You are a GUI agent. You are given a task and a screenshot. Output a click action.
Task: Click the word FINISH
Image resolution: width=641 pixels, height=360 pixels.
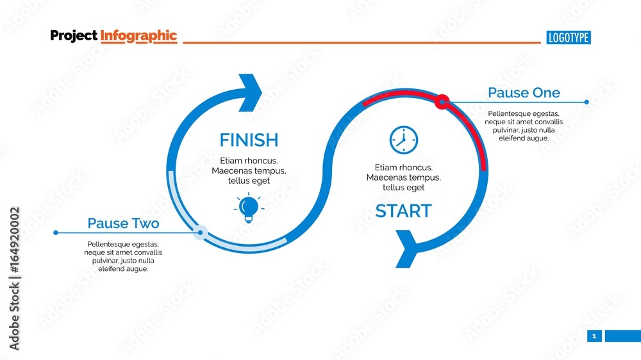[x=249, y=140]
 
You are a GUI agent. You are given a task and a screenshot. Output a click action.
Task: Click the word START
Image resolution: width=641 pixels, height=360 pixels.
[x=403, y=211]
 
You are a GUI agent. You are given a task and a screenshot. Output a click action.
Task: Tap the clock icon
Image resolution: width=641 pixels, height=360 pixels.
[x=404, y=140]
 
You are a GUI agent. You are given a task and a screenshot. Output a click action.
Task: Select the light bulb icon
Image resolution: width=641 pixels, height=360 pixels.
[x=249, y=208]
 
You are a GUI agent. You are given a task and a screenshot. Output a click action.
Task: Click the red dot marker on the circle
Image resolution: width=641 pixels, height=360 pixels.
[x=442, y=101]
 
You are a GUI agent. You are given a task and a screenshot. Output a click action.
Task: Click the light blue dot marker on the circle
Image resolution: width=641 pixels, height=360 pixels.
[x=200, y=233]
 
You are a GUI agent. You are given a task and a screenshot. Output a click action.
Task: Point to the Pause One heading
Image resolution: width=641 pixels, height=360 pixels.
[x=524, y=93]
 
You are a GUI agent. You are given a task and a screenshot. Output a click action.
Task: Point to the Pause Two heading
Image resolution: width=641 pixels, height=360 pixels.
[x=123, y=224]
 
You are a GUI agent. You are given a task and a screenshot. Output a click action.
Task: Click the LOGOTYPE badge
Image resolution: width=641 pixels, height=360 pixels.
[x=569, y=38]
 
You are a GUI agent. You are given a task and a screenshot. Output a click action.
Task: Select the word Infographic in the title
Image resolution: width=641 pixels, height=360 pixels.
[x=138, y=36]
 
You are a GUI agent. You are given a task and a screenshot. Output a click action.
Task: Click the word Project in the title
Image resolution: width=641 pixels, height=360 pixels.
[x=74, y=36]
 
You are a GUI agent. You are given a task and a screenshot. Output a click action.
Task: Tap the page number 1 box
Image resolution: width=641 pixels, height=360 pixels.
[x=594, y=336]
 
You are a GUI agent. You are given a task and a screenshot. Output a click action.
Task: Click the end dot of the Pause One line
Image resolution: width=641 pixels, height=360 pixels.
[x=587, y=102]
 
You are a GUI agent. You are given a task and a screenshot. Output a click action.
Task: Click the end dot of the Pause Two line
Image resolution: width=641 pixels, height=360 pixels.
[x=56, y=233]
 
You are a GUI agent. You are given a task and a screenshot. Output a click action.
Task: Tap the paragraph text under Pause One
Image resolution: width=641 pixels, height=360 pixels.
[x=524, y=126]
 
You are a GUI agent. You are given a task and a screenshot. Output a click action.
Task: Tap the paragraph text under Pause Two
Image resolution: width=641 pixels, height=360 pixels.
[x=123, y=256]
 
